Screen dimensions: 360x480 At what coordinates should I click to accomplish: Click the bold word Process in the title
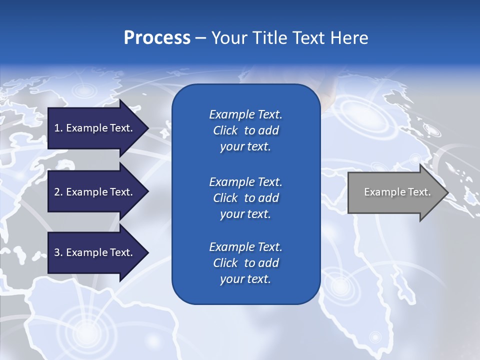[x=157, y=38]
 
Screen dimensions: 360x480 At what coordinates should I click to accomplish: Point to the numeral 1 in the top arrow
[x=57, y=128]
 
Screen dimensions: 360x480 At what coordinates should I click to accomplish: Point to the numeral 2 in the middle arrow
[x=57, y=192]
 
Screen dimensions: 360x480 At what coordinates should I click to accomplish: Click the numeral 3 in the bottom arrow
[x=57, y=252]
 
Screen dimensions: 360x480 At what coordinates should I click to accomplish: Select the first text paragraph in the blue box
[x=245, y=130]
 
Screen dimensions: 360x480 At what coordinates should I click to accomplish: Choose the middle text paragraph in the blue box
[x=245, y=197]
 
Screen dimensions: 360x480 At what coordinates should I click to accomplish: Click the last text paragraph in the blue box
[x=245, y=263]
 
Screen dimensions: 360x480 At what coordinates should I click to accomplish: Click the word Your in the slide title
[x=228, y=38]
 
